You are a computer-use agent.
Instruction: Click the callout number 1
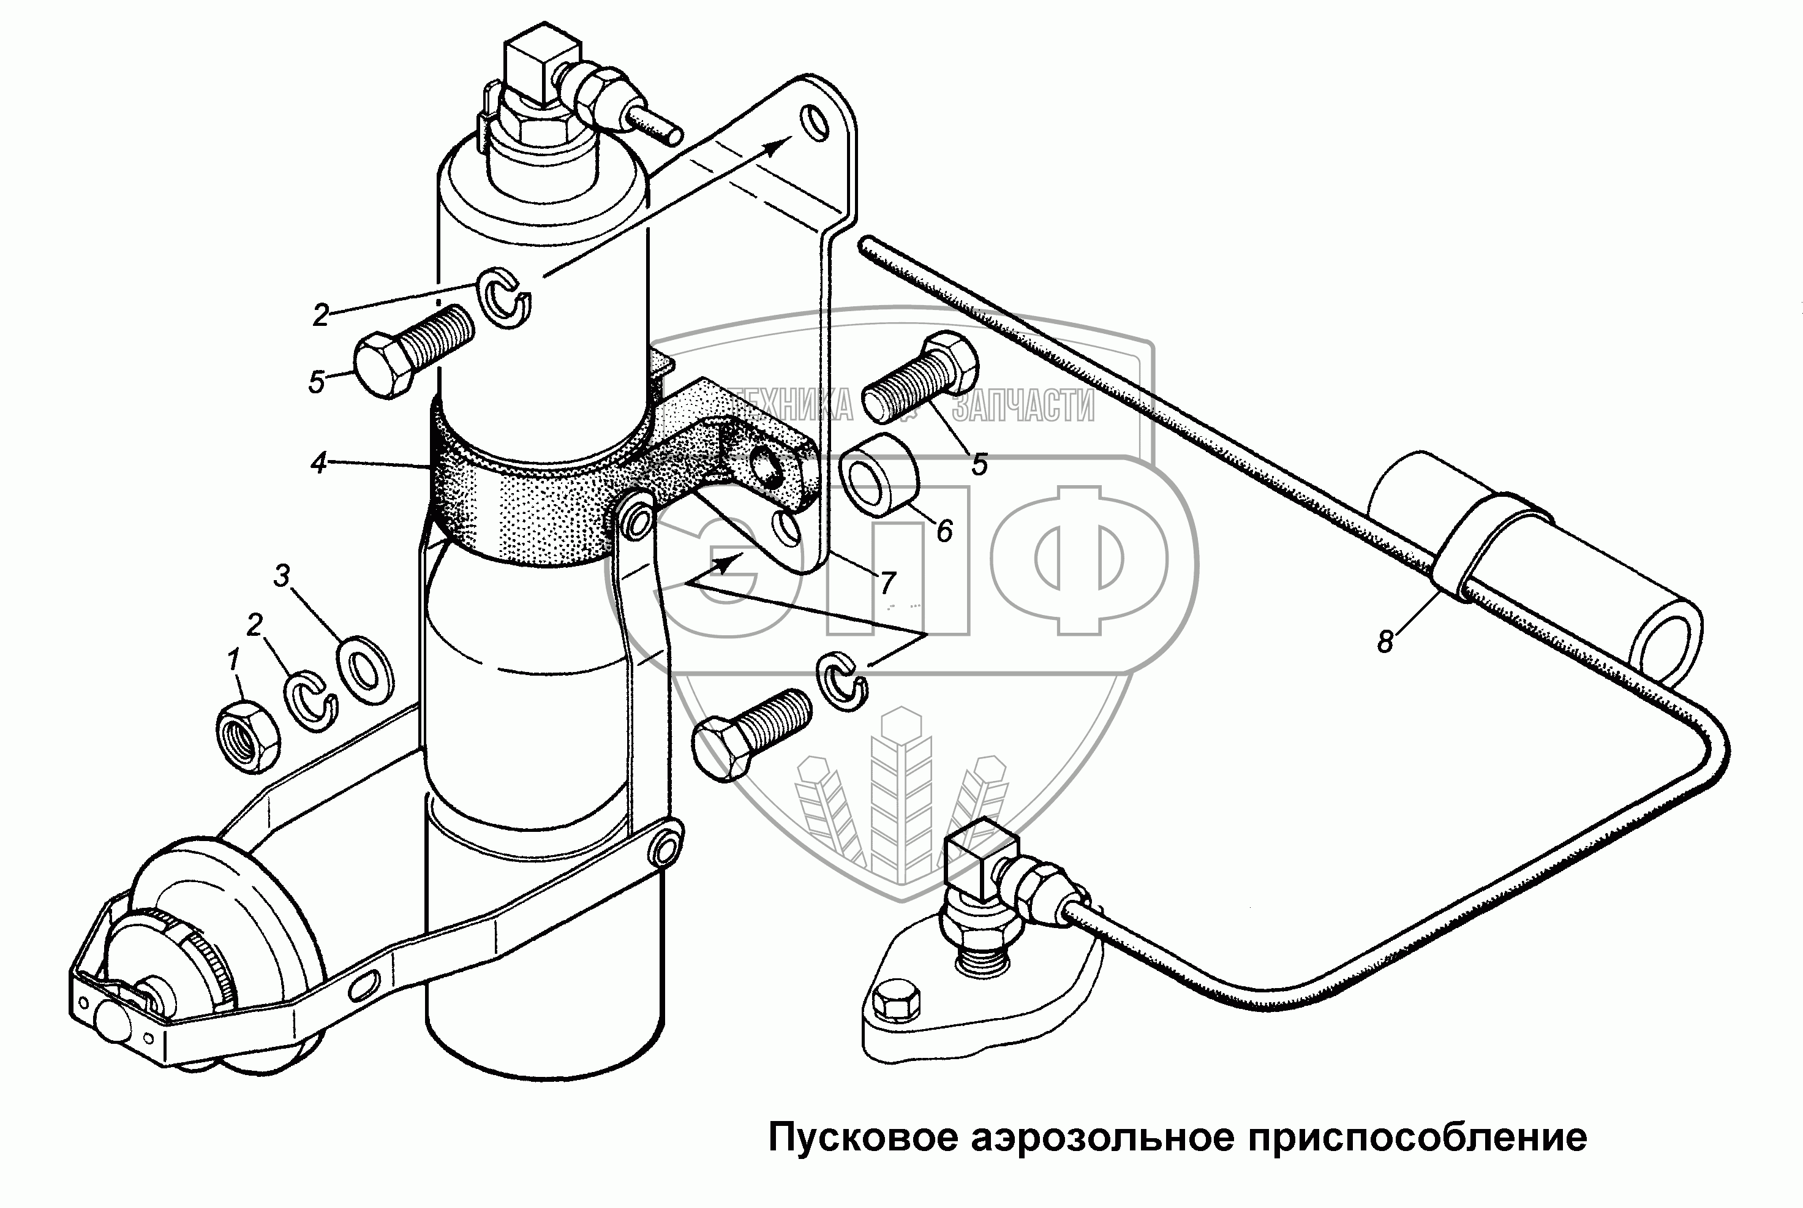pos(233,660)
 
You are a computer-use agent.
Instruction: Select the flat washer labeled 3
pos(365,665)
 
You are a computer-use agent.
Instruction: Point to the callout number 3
pos(282,576)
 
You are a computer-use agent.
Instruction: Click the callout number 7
pos(887,582)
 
